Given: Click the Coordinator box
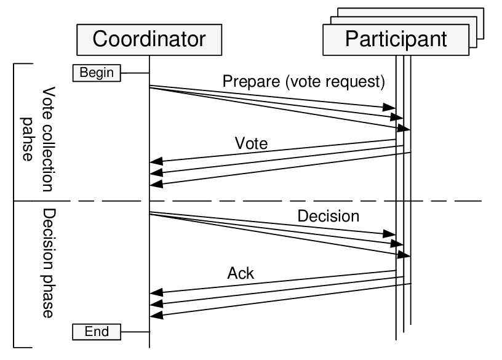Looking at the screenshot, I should point(149,39).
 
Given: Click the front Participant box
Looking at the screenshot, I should point(396,39).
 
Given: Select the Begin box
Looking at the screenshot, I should point(97,73).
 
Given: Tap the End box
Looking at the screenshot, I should point(97,332).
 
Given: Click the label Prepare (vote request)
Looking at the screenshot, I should point(304,81).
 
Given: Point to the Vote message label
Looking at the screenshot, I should point(252,144).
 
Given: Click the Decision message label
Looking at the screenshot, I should point(328,216).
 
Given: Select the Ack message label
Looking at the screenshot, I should point(241,273).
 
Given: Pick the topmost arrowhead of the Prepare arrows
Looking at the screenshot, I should point(390,108).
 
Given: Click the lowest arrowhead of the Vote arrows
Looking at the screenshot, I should point(156,184).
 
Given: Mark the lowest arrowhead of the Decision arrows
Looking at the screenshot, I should point(405,254).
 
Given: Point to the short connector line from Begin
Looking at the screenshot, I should point(135,73).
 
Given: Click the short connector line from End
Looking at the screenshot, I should point(135,332).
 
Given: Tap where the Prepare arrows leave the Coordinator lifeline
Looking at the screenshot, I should point(151,86).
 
